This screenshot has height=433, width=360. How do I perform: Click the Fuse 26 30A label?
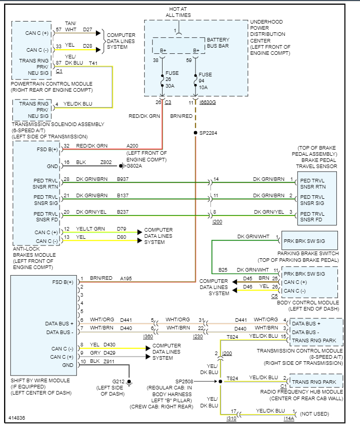pyautogui.click(x=172, y=79)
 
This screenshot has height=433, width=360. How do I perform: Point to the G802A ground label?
pyautogui.click(x=134, y=166)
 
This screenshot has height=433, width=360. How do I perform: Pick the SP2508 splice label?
pyautogui.click(x=185, y=382)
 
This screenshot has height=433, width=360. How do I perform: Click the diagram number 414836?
pyautogui.click(x=16, y=419)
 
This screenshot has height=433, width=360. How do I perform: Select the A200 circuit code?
pyautogui.click(x=133, y=146)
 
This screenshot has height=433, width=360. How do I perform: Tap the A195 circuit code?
pyautogui.click(x=126, y=278)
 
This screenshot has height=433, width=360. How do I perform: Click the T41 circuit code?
pyautogui.click(x=93, y=63)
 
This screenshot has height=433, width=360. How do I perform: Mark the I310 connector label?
pyautogui.click(x=231, y=419)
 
